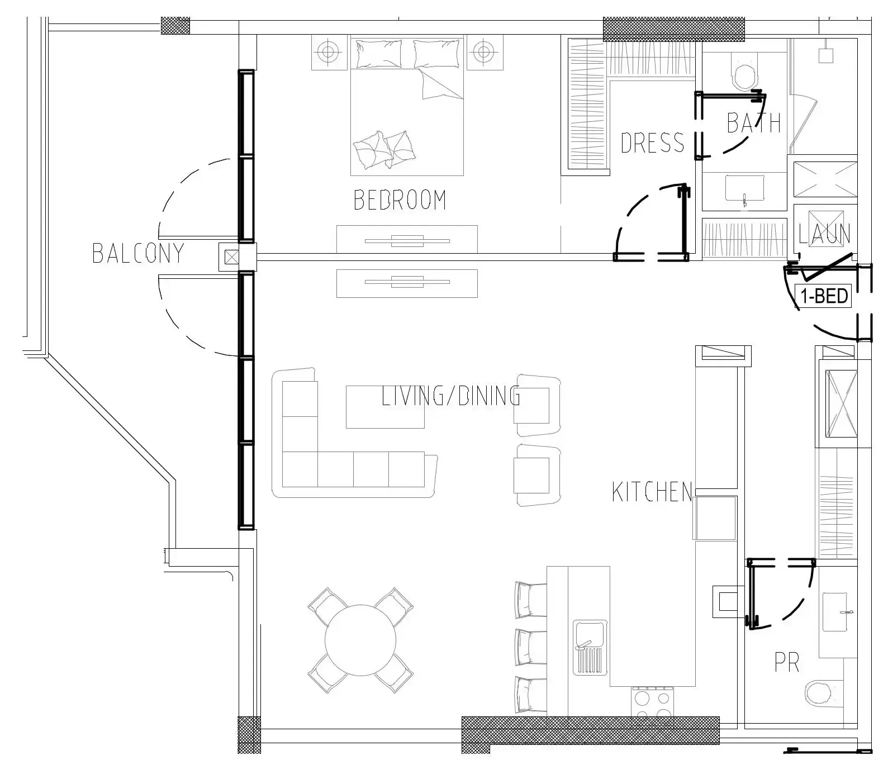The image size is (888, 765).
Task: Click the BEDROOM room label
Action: (400, 200)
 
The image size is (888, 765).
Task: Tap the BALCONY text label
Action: (138, 253)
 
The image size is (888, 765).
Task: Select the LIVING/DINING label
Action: (451, 396)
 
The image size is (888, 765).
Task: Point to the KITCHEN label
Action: (652, 492)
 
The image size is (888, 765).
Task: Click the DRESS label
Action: (652, 142)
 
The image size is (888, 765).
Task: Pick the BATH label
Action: (753, 122)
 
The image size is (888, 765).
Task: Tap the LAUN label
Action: (824, 234)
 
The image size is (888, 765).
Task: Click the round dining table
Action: (360, 640)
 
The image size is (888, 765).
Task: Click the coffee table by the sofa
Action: (385, 407)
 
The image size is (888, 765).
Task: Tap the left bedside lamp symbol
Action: (329, 52)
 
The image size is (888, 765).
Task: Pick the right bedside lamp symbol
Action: (483, 52)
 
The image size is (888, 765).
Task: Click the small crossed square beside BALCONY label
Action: (231, 258)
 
